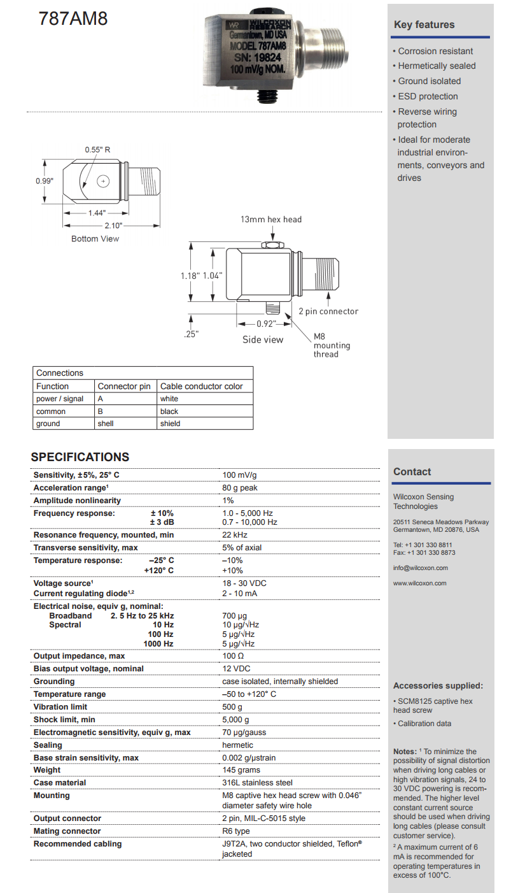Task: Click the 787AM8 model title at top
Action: coord(73,19)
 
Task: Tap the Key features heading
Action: coord(424,25)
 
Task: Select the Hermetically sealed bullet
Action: coord(437,66)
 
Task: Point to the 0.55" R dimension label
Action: coord(98,150)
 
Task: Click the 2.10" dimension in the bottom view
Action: coord(113,225)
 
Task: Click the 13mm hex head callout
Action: coord(270,220)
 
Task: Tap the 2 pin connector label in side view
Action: coord(328,311)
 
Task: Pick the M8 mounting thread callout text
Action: coord(332,345)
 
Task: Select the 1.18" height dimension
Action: coord(190,275)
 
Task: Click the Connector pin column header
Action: coord(124,386)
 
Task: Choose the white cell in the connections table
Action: coord(169,399)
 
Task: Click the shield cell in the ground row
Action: coord(170,424)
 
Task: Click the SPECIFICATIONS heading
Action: coord(80,457)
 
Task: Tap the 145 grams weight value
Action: coord(242,770)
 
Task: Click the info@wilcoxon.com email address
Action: coord(421,568)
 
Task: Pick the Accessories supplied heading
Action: coord(438,686)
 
